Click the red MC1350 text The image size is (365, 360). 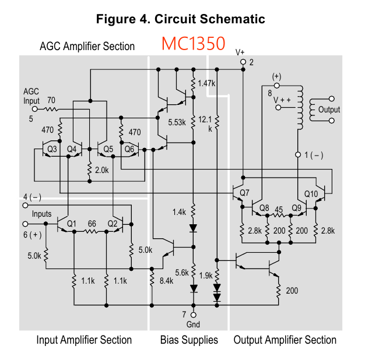click(193, 44)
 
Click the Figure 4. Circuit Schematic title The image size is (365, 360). click(181, 19)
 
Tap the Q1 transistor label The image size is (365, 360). click(72, 224)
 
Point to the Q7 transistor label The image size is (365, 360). click(244, 193)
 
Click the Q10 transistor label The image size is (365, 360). click(310, 193)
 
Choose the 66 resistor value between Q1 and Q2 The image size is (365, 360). click(92, 224)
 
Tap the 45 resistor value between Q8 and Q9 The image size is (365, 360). click(280, 209)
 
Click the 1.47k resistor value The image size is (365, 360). click(206, 83)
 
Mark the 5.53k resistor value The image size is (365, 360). click(177, 122)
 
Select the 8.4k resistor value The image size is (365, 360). click(166, 281)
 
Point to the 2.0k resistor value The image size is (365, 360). click(102, 170)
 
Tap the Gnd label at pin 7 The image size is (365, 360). click(192, 324)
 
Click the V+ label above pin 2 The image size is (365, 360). click(240, 52)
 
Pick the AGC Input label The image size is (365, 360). click(31, 96)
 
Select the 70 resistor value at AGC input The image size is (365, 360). click(51, 100)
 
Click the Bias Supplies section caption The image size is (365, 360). click(188, 340)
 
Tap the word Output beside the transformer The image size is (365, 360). click(329, 110)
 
